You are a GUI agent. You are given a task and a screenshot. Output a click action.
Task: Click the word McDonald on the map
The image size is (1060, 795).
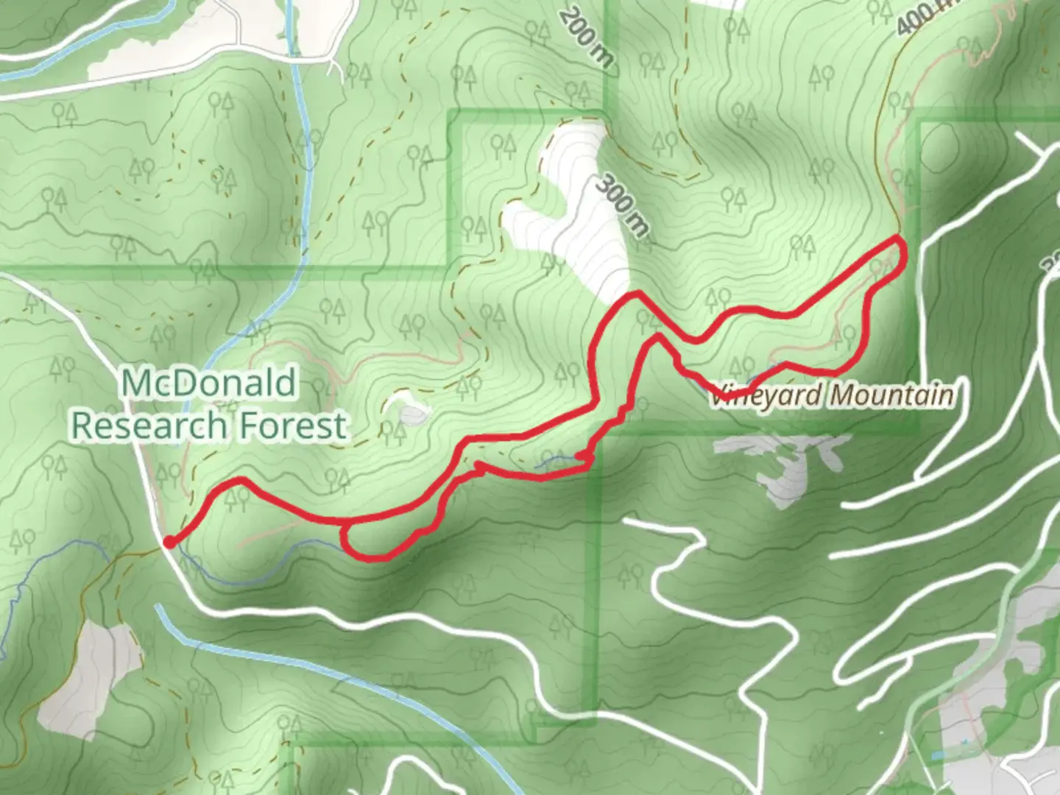click(x=209, y=383)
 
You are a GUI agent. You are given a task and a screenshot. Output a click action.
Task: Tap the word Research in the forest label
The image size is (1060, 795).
click(x=149, y=425)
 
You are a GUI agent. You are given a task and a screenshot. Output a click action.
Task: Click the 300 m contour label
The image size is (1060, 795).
click(x=622, y=205)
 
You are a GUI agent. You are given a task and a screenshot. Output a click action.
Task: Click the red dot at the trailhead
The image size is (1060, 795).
click(x=169, y=543)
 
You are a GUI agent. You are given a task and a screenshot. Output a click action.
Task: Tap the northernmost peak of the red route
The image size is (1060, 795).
click(x=635, y=294)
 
